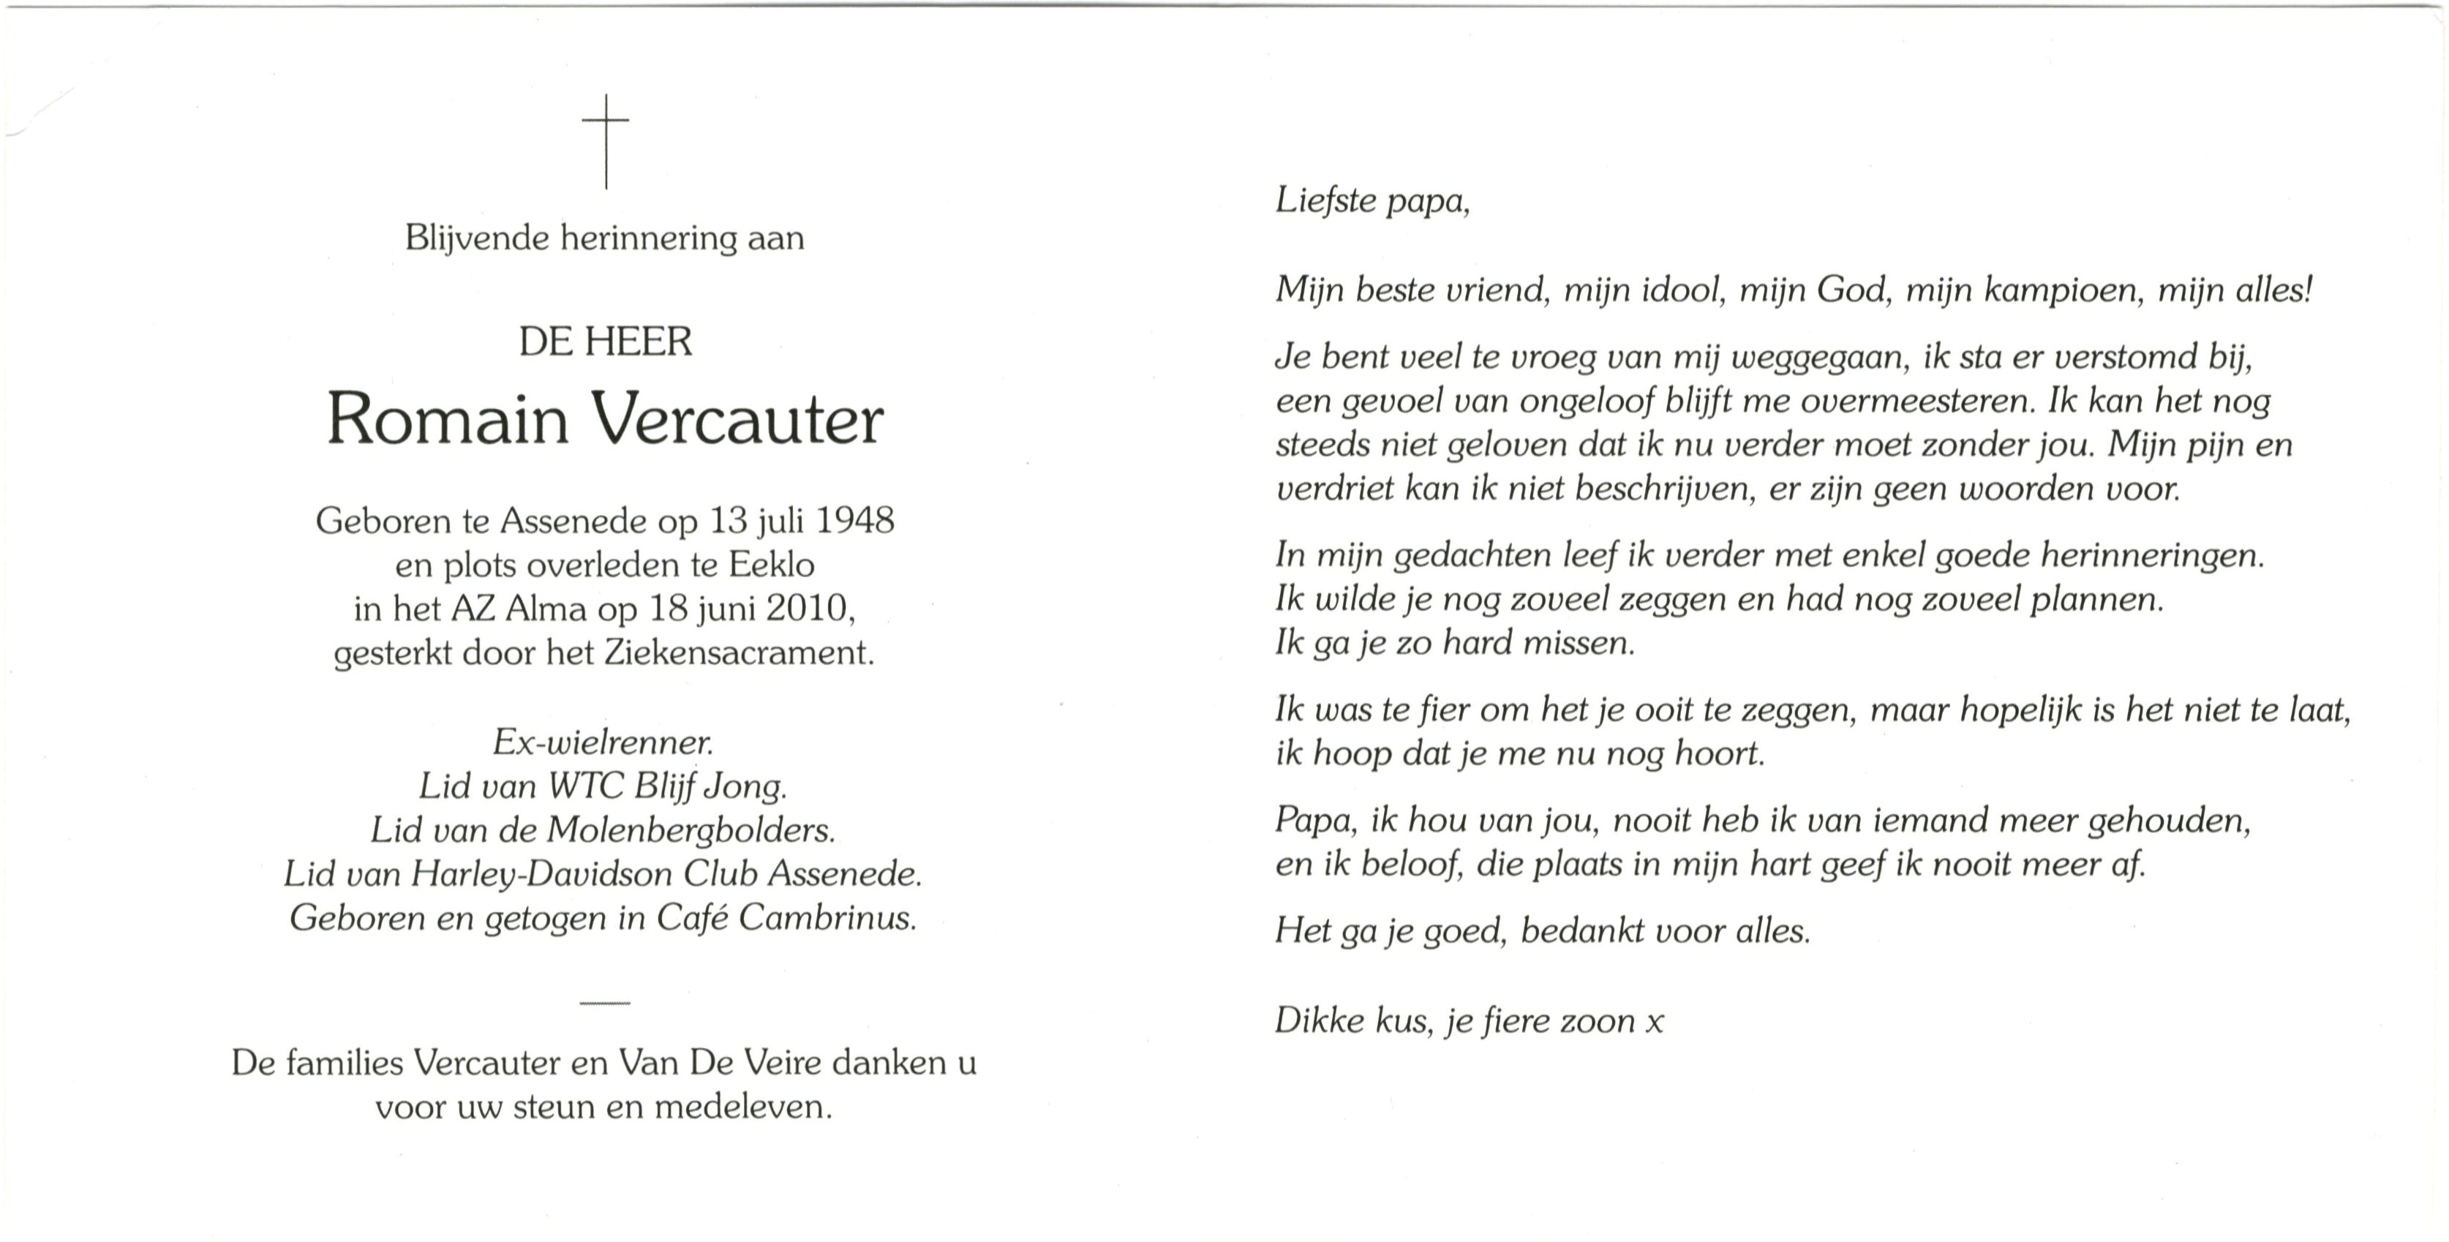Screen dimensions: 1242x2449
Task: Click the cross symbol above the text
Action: tap(606, 140)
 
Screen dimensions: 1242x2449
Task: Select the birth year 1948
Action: tap(854, 520)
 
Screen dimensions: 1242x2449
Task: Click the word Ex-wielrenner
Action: tap(603, 742)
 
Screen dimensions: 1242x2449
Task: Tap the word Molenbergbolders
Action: tap(691, 830)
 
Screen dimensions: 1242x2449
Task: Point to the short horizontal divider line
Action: tap(605, 1004)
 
